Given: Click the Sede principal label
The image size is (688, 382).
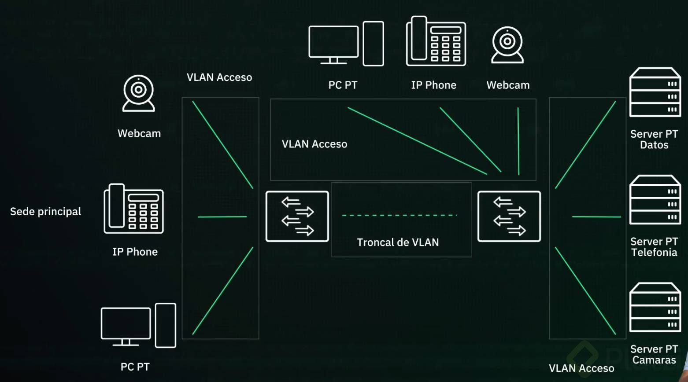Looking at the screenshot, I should coord(45,212).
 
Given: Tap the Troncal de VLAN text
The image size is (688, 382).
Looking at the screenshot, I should coord(398,242).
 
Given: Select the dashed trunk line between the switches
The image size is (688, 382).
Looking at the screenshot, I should coord(399,215).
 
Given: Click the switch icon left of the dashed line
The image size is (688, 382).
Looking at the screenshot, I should coord(297,217).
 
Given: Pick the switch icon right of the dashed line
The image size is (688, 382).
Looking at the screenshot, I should coord(509,217).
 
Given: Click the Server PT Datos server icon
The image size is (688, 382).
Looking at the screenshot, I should coord(655,92).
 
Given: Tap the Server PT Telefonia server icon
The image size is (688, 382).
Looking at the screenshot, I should coord(655,200).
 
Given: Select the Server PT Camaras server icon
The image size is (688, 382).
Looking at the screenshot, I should coord(655,307).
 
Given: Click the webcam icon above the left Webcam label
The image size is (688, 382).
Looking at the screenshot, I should coord(139,93).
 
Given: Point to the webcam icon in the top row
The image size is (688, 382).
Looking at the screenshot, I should coord(507,44).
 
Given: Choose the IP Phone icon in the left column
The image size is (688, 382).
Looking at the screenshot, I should coord(134,209).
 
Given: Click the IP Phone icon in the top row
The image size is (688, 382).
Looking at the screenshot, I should coord(436,41).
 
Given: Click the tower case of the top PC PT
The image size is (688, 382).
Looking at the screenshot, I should coord(373,44).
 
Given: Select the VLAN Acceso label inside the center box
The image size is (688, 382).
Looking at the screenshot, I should coord(314,144).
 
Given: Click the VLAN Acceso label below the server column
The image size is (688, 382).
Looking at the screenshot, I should coord(581,368).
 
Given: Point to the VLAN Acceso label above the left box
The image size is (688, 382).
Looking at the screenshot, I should coord(219,77).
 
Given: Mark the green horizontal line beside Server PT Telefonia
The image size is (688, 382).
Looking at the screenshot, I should coord(596,217).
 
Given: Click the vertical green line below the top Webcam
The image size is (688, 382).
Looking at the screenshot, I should coord(518,141).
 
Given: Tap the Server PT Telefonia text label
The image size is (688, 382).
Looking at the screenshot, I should coord(654,247).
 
